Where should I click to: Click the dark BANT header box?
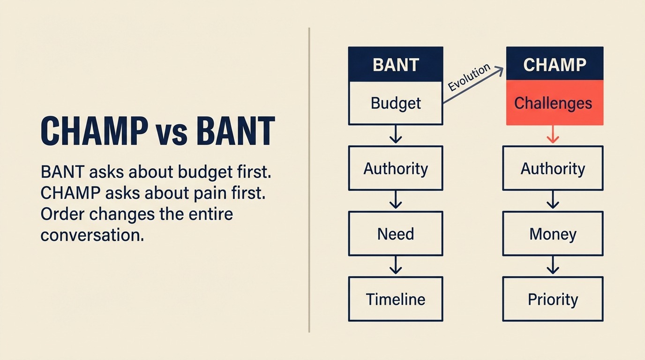point(396,64)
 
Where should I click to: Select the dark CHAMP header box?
point(555,64)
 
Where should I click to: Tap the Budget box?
point(396,103)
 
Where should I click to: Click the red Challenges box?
point(555,103)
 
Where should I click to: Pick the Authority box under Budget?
point(396,168)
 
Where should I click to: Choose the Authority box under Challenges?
point(553,168)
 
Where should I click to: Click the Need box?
point(396,233)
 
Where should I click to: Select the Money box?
point(553,233)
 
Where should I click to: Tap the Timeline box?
point(396,299)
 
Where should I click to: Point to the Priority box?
point(553,299)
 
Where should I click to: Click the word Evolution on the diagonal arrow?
point(469,77)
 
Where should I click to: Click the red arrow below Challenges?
point(553,135)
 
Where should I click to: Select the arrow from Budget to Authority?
point(396,135)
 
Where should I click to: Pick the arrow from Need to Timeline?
point(396,266)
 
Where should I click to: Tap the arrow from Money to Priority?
point(553,266)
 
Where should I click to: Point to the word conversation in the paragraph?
point(92,235)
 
